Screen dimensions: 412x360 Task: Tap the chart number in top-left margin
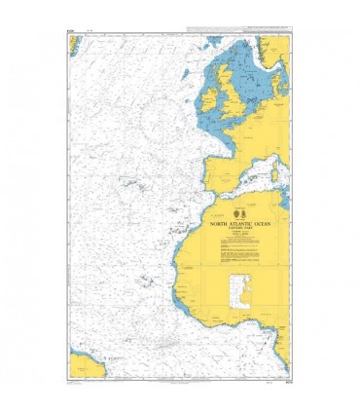[71, 32]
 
